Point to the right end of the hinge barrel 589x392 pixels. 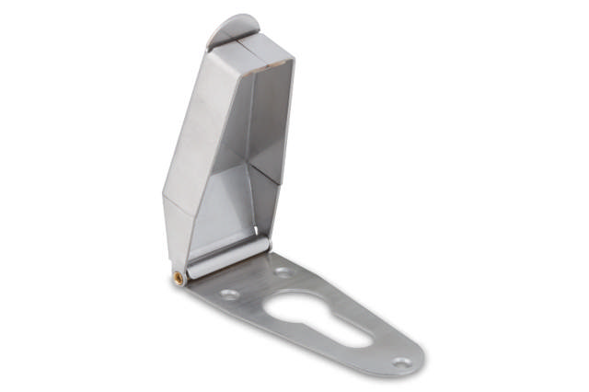click(x=266, y=244)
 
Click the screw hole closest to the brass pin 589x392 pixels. click(x=229, y=294)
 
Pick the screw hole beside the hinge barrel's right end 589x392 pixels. click(x=283, y=272)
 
